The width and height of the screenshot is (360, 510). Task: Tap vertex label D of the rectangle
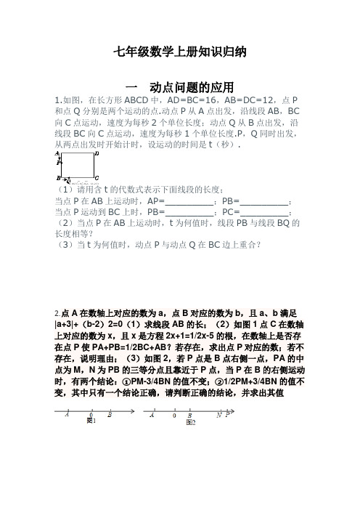click(97, 154)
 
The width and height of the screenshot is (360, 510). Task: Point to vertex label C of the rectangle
click(97, 177)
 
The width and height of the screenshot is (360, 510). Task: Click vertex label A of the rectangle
click(58, 154)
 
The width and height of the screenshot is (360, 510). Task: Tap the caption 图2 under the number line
click(192, 421)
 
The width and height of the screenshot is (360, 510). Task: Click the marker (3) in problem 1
click(63, 245)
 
